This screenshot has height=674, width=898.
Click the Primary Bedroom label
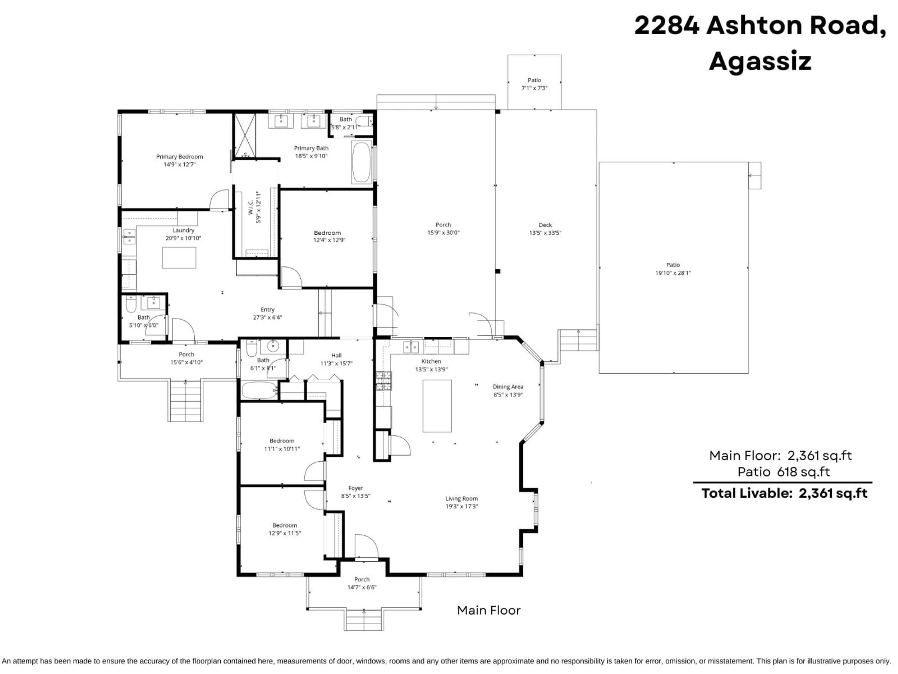(x=179, y=157)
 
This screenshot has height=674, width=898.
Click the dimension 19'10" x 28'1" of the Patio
(x=673, y=273)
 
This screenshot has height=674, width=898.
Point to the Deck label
(x=545, y=225)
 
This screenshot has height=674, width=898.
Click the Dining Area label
(x=508, y=387)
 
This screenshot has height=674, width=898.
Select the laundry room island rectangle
(x=179, y=258)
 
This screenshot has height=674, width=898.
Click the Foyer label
(x=356, y=488)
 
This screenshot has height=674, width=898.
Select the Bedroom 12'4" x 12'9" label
(x=327, y=233)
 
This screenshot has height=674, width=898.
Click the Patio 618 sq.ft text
(x=783, y=472)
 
